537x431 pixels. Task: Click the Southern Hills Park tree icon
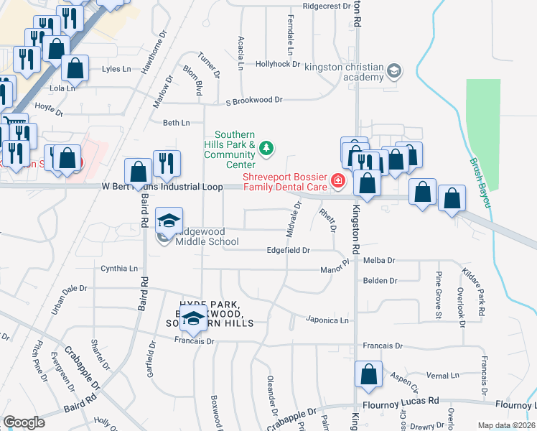click(266, 149)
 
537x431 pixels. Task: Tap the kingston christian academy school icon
click(393, 71)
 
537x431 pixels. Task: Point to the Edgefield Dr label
click(287, 251)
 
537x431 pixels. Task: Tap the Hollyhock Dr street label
click(277, 64)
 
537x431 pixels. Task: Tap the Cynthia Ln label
click(118, 269)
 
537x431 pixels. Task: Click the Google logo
click(24, 422)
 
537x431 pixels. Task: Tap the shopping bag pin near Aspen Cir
click(368, 375)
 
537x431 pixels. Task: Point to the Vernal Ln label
click(442, 376)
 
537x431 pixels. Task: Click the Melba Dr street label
click(380, 261)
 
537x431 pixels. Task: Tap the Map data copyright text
click(506, 425)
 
